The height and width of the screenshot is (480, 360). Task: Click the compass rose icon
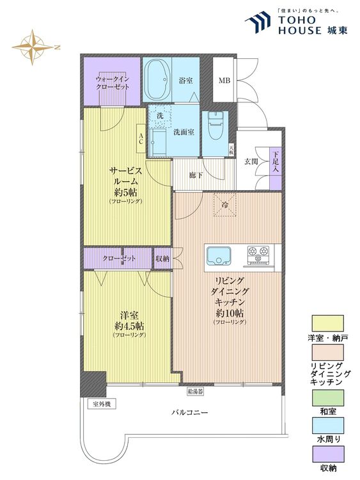point(33,47)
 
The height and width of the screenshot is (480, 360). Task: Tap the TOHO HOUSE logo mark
point(258,22)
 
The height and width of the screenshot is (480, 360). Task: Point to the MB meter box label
point(224,81)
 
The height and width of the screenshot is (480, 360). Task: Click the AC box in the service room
point(141,138)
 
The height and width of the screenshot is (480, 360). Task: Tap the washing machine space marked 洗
point(159,116)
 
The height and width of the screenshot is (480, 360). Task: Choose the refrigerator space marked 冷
point(225,205)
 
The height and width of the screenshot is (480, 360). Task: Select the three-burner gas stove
point(258,255)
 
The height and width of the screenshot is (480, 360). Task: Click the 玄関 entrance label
point(251,162)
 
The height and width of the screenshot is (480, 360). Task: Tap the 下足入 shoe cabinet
point(276,169)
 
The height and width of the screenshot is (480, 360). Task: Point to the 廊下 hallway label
point(195,176)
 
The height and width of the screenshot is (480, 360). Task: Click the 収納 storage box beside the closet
point(162,259)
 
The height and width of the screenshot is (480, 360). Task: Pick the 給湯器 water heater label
point(195,391)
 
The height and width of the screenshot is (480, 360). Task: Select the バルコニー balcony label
point(190,412)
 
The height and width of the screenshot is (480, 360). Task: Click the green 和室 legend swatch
point(327,397)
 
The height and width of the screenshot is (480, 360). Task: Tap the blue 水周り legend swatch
point(327,426)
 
